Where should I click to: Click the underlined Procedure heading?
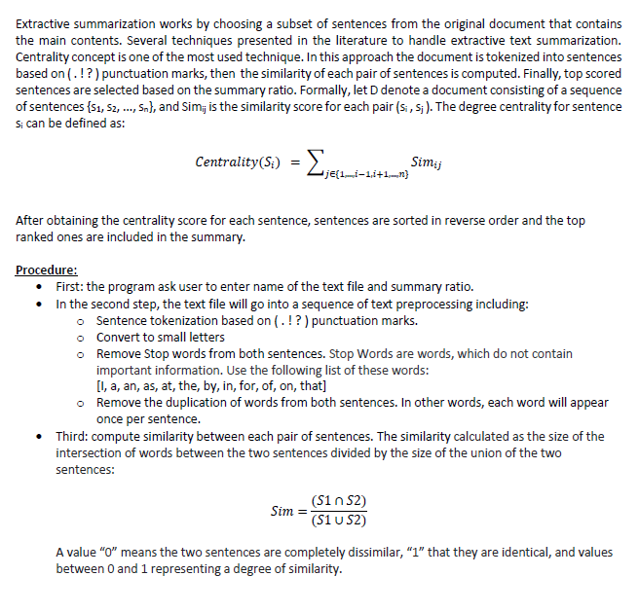point(47,270)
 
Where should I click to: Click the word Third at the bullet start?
point(73,436)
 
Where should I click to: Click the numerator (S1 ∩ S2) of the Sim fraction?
point(338,502)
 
